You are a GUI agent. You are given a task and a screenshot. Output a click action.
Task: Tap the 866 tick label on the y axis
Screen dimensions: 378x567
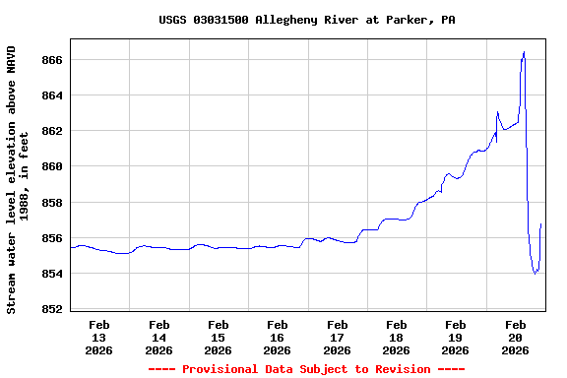tap(52, 60)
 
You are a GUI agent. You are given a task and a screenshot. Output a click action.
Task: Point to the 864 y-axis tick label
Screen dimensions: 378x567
tap(52, 95)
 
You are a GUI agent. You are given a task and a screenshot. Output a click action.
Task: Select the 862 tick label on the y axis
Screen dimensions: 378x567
tap(52, 131)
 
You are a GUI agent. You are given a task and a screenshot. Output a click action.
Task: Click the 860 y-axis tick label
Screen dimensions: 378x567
tap(52, 166)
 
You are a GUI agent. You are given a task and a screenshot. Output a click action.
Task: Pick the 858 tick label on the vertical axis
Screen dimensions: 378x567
tap(52, 203)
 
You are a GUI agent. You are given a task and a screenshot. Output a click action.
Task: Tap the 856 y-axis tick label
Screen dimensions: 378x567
tap(52, 238)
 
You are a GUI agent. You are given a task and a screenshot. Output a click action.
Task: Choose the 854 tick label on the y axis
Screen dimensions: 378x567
tap(52, 274)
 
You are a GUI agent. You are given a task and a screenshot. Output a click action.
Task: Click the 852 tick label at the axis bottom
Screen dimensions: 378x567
tap(52, 309)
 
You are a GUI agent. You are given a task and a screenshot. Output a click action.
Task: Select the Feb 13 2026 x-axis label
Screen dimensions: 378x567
tap(99, 336)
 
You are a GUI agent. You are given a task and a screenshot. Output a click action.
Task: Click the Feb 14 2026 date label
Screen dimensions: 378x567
tap(158, 336)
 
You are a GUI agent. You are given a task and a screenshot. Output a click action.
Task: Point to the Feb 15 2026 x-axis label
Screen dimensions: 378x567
tap(219, 336)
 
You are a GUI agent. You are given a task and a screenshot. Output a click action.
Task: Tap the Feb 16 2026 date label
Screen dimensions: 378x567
tap(278, 336)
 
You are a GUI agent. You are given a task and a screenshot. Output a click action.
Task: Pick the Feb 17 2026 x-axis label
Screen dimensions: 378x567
tap(337, 336)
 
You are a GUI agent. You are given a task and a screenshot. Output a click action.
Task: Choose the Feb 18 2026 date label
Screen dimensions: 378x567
tap(397, 336)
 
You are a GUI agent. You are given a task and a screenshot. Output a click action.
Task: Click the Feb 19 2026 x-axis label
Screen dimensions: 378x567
tap(456, 336)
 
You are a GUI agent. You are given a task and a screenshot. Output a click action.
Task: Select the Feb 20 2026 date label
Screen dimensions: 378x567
tap(515, 336)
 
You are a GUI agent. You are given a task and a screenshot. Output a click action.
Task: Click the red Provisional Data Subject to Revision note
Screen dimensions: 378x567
tap(306, 369)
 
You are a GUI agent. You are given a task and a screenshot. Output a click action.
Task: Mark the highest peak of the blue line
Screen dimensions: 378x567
tap(524, 52)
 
